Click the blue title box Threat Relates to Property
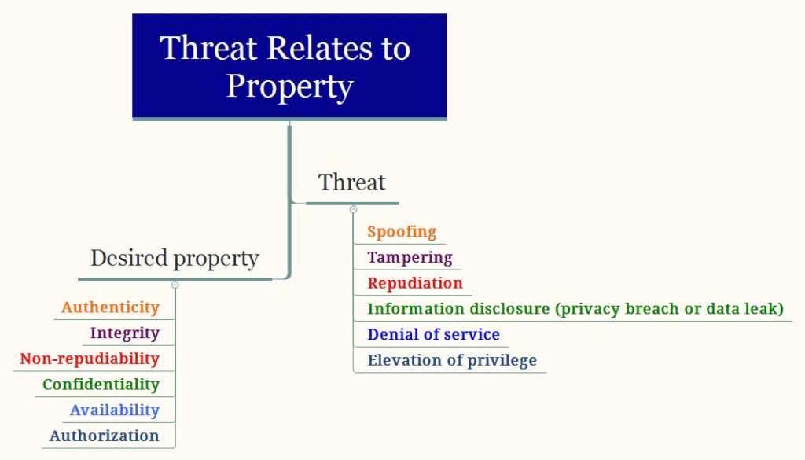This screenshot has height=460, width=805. (x=289, y=67)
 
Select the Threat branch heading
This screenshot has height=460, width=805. (x=351, y=182)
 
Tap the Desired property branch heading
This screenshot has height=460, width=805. (x=175, y=258)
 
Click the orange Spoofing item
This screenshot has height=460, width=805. (x=402, y=232)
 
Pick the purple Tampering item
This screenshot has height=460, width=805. (x=410, y=258)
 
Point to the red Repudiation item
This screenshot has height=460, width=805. (x=415, y=283)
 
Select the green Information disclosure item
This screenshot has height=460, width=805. (x=575, y=309)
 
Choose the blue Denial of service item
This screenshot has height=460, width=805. (x=433, y=334)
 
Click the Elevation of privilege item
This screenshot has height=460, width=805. (x=452, y=360)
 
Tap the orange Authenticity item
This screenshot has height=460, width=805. (x=110, y=307)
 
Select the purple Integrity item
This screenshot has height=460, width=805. (x=125, y=333)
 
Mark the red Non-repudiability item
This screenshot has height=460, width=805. (x=90, y=359)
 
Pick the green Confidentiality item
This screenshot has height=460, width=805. (x=101, y=385)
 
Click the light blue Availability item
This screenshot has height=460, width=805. (x=115, y=410)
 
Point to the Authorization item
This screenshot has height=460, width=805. (x=105, y=436)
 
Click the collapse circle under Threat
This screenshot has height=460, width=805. (x=353, y=209)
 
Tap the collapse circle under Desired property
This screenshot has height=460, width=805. (x=175, y=285)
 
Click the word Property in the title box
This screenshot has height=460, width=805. (x=290, y=86)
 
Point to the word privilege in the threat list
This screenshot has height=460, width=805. (x=502, y=360)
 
